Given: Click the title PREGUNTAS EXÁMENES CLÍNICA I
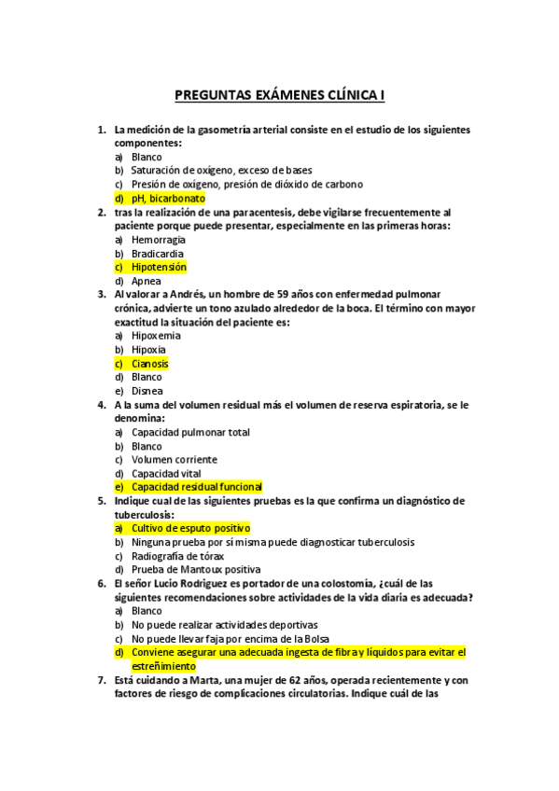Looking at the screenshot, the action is (x=280, y=94).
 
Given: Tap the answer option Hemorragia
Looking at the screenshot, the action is (x=159, y=240).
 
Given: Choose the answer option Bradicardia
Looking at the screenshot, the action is (x=158, y=254).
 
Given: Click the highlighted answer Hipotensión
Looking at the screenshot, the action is (x=159, y=267).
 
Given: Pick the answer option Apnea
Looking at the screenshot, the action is (x=147, y=281).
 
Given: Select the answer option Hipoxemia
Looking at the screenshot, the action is (x=156, y=336).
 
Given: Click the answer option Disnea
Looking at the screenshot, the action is (x=147, y=391).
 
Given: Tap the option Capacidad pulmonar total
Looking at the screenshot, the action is (x=190, y=433).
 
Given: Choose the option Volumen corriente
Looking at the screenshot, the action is (x=175, y=460).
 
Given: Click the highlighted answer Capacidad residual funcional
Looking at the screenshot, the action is (x=196, y=487).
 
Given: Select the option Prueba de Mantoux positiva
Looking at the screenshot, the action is (x=196, y=569).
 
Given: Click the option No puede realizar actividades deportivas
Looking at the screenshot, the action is (x=225, y=624).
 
